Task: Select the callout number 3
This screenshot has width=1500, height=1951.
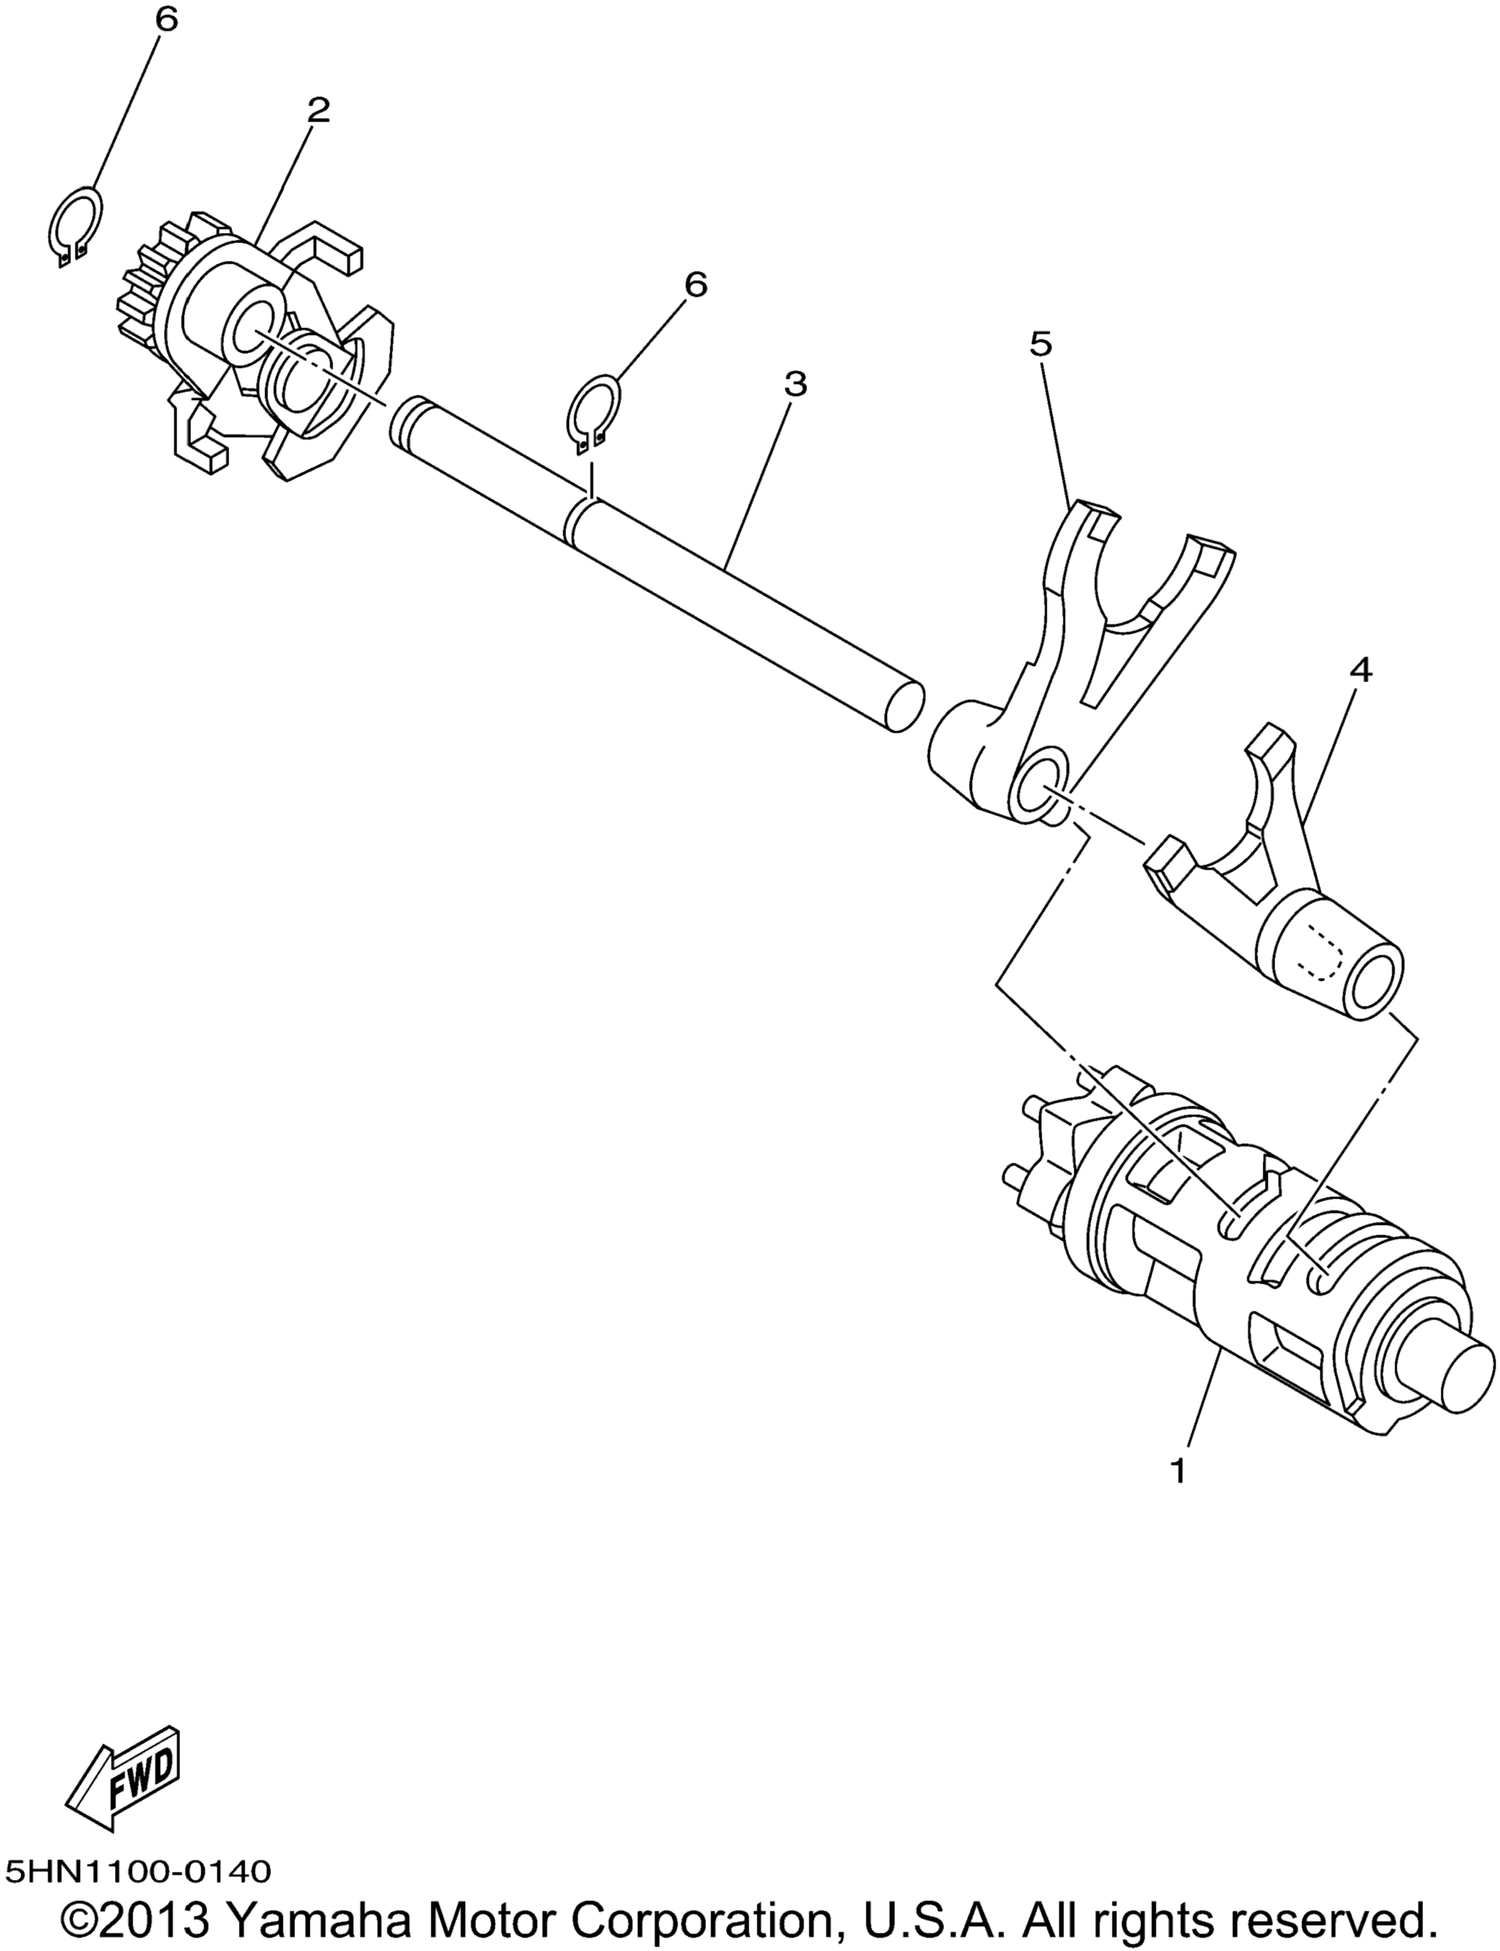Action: coord(795,384)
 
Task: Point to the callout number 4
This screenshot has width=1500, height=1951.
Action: coord(1361,670)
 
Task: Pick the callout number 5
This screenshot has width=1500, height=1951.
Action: coord(1041,343)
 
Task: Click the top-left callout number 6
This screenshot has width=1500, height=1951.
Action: coord(166,20)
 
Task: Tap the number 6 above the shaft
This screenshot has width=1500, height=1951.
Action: coord(696,284)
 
